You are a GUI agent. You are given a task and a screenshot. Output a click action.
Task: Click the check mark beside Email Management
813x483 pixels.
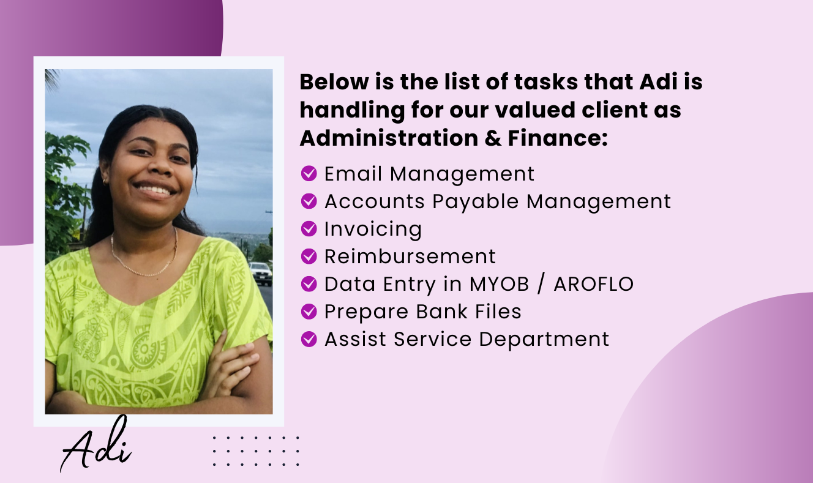coord(309,173)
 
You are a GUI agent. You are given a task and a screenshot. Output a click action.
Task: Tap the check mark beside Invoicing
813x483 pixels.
coord(309,228)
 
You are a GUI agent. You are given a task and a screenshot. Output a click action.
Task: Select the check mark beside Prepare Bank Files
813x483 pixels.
coord(309,312)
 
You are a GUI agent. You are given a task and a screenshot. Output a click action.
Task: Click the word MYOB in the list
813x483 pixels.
coord(499,284)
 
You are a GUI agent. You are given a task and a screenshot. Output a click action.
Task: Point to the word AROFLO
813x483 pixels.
coord(594,284)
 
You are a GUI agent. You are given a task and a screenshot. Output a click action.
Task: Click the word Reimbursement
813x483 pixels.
coord(410,256)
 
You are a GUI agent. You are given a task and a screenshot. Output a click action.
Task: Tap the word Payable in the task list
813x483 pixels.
coord(476,202)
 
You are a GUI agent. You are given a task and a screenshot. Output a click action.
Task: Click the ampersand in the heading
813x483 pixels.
coord(493,138)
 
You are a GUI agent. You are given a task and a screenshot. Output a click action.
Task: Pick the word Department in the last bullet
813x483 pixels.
coord(544,340)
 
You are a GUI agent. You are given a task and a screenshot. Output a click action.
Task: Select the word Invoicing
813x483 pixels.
coord(373,230)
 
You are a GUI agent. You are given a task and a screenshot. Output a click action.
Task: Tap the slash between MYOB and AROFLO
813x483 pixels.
coord(541,284)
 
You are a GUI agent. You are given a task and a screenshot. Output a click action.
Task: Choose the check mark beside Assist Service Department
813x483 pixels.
coord(309,339)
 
